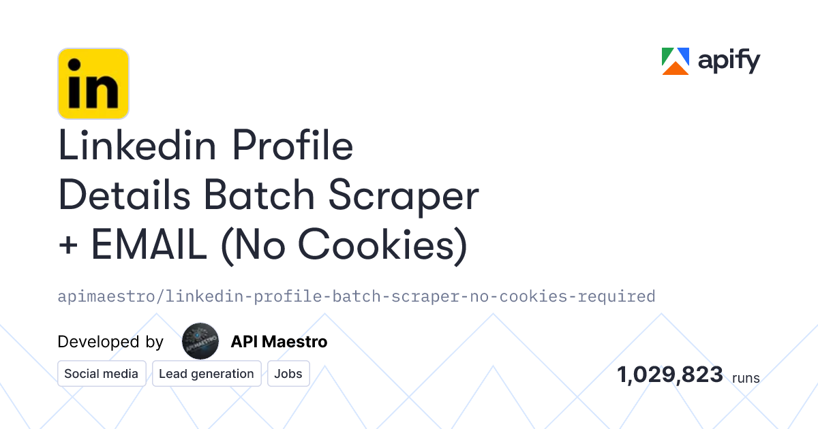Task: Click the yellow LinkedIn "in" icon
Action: click(93, 84)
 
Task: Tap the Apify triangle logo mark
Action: click(676, 61)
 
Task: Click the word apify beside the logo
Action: click(729, 62)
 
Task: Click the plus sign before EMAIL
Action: click(69, 247)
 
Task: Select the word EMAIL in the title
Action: click(149, 245)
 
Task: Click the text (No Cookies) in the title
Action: click(344, 245)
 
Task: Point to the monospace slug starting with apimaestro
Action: click(357, 296)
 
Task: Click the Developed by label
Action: click(110, 342)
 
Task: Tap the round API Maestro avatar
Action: click(200, 341)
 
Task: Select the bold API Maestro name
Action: click(279, 342)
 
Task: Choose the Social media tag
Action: click(102, 374)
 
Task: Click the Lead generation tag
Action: click(207, 374)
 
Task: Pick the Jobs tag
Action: click(289, 374)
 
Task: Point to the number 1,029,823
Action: click(670, 375)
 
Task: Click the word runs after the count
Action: click(746, 377)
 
